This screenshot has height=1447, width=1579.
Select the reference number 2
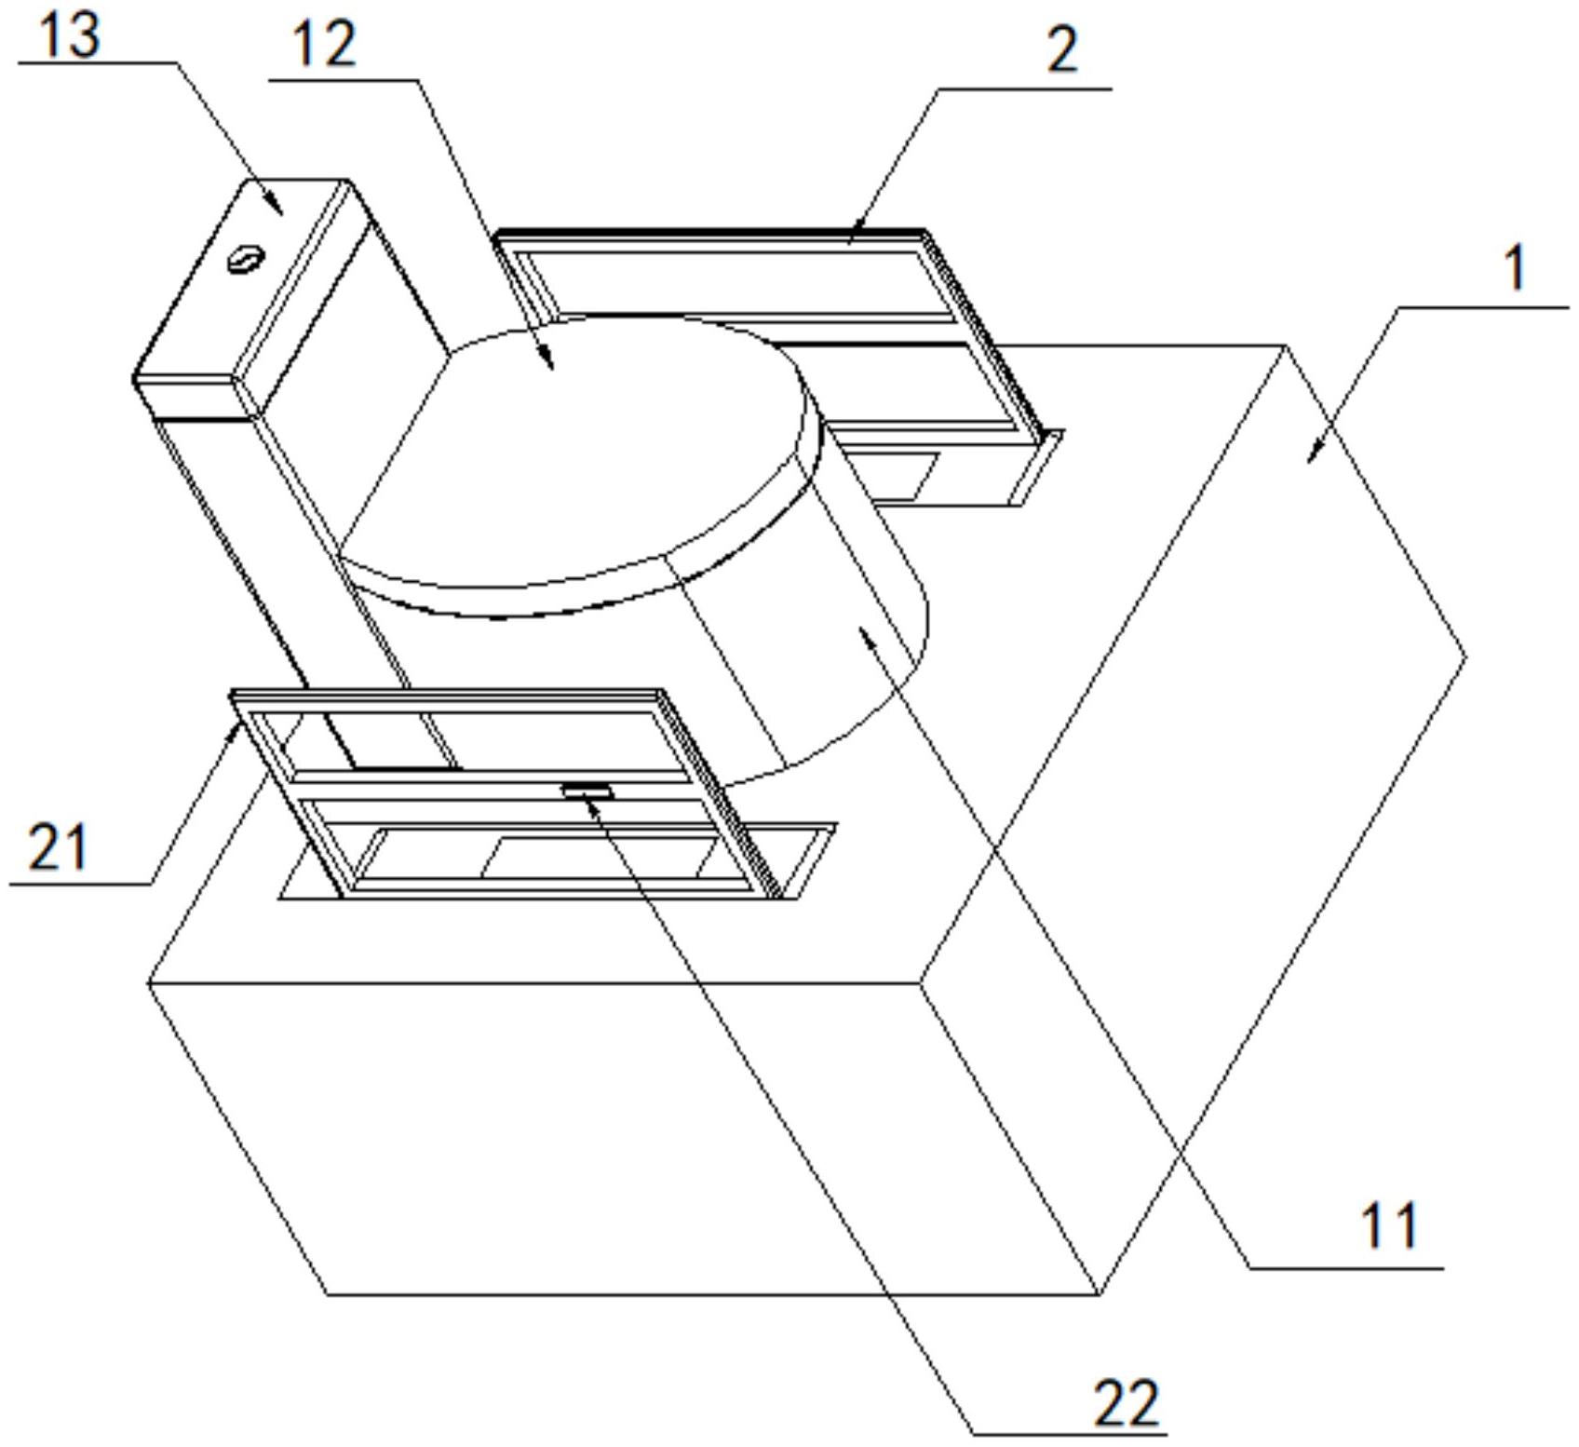tap(1062, 50)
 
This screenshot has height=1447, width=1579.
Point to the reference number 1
tap(1516, 269)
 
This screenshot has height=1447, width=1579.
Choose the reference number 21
tap(58, 847)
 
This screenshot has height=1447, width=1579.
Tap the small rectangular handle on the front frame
tap(587, 791)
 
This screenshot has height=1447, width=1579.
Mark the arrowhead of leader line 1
tap(1312, 456)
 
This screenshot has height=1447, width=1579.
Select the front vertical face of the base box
tap(624, 1136)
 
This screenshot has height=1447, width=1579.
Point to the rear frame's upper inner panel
tap(736, 284)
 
